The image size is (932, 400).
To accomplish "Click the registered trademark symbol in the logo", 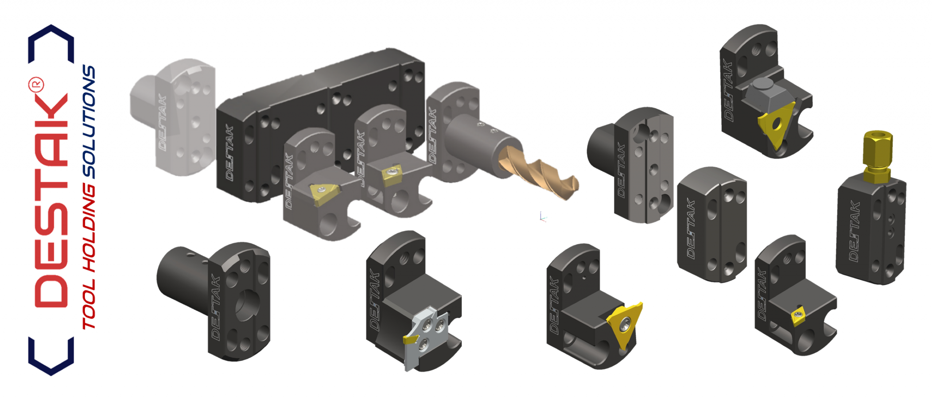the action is click(x=36, y=85).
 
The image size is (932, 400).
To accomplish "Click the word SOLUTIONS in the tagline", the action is click(x=88, y=122).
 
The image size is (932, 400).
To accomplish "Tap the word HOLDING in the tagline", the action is click(x=88, y=228).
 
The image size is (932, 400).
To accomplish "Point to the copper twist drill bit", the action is click(x=538, y=171).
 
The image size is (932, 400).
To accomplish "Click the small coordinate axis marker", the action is click(x=543, y=217).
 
